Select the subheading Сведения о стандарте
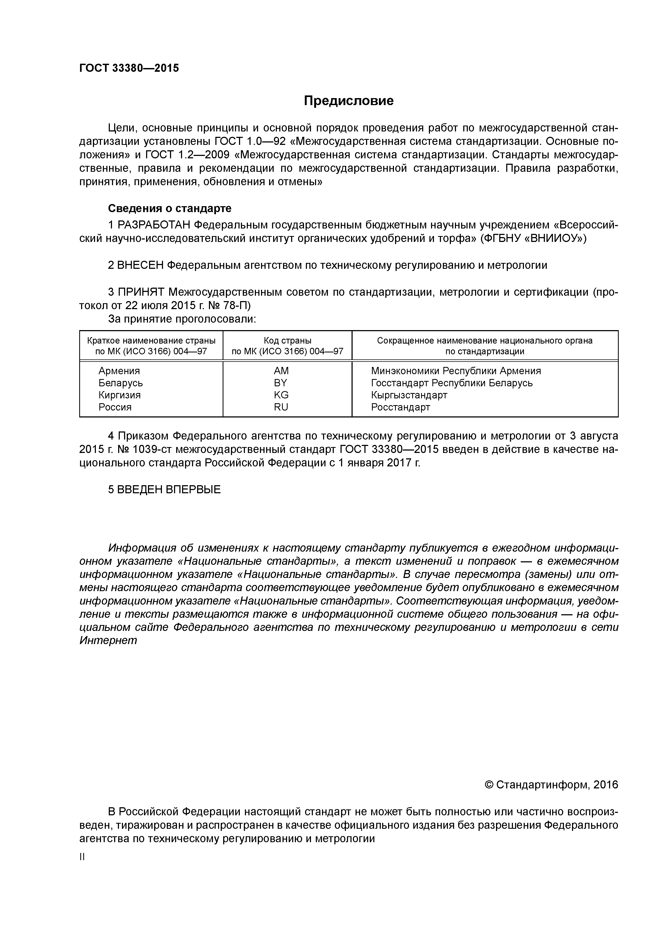click(x=169, y=208)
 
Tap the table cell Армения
click(x=119, y=371)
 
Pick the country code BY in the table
click(x=281, y=383)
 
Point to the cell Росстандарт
click(x=400, y=407)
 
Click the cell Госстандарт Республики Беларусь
click(x=452, y=383)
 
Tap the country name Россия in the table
click(x=115, y=407)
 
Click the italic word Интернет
click(x=108, y=640)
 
